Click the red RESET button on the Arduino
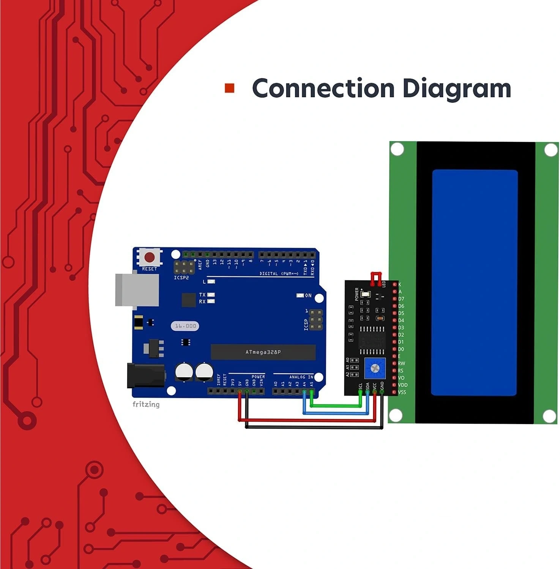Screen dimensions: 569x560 tap(150, 257)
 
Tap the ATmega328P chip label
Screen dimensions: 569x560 tap(263, 352)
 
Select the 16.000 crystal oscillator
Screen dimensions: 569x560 tap(185, 326)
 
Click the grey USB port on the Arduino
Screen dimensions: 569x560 tap(137, 289)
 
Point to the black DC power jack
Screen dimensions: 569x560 tap(145, 376)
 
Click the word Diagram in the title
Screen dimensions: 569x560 tap(456, 88)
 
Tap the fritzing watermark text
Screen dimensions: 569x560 tap(146, 404)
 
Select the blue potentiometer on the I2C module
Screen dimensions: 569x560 tap(375, 368)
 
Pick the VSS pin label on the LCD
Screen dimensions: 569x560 tap(402, 392)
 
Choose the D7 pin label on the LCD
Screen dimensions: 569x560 tap(401, 299)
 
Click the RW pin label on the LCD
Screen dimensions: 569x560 tap(401, 363)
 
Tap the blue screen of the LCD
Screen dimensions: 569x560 tap(474, 283)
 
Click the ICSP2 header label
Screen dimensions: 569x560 tap(181, 278)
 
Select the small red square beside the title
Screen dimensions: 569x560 tap(230, 88)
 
